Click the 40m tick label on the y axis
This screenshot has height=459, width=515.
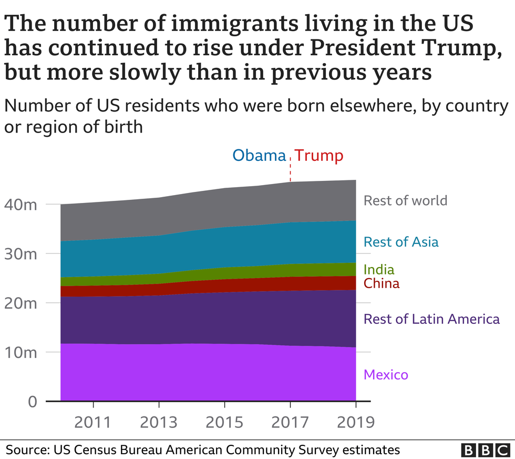coord(23,205)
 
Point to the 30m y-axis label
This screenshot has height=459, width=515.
coord(23,254)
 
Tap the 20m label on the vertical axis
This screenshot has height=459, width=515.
coord(23,303)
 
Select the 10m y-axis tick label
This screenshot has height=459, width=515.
coord(23,352)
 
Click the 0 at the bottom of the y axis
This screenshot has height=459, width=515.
coord(32,402)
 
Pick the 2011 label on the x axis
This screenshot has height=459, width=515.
coord(93,422)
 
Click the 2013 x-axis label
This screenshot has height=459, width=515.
coord(159,422)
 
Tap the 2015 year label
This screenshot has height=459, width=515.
coord(224,422)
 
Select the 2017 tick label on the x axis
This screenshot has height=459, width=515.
coord(290,422)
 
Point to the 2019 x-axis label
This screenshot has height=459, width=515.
coord(356,422)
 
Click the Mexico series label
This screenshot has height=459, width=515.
coord(386,375)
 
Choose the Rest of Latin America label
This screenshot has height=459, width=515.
coord(431,319)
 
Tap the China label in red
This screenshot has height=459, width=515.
coord(382,284)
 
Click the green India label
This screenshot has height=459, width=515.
coord(379,270)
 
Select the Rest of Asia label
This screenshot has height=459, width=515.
coord(401,242)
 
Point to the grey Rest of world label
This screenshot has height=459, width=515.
coord(405,200)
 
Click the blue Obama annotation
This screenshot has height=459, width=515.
coord(259,156)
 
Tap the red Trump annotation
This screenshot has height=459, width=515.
coord(318,156)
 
